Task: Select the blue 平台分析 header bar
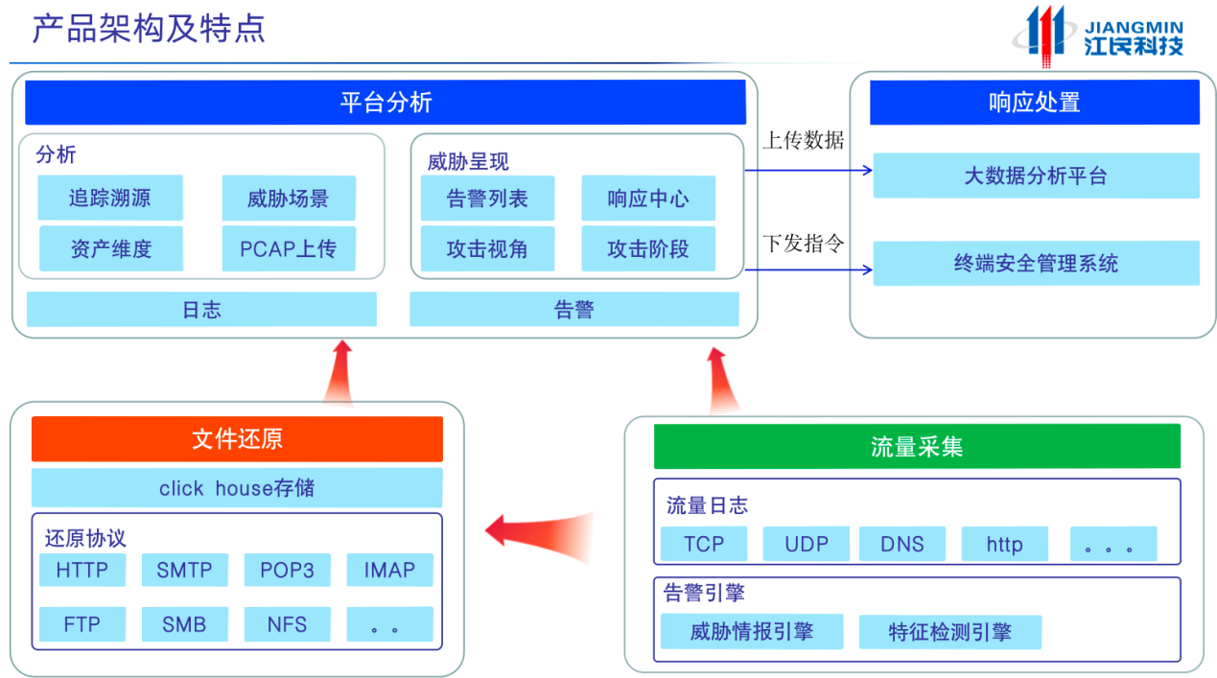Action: coord(386,103)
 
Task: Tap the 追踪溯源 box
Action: coord(109,199)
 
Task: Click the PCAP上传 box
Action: coord(288,249)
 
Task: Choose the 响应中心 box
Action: coord(647,199)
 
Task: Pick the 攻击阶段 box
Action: coord(647,249)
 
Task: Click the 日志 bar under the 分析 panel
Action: coord(201,310)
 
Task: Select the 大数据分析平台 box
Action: coord(1035,176)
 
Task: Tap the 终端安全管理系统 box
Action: coord(1035,264)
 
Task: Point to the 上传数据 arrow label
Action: coord(803,141)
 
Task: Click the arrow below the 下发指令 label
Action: coord(807,269)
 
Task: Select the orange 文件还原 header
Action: coord(237,439)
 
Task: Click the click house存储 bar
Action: coord(237,488)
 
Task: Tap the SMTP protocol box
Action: coord(184,570)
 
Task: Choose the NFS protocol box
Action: coord(287,624)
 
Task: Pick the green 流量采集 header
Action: coord(916,447)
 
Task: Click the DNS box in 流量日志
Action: coord(901,544)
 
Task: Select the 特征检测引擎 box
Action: coord(949,632)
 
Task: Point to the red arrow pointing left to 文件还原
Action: coord(537,527)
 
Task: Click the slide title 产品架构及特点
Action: coord(149,29)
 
